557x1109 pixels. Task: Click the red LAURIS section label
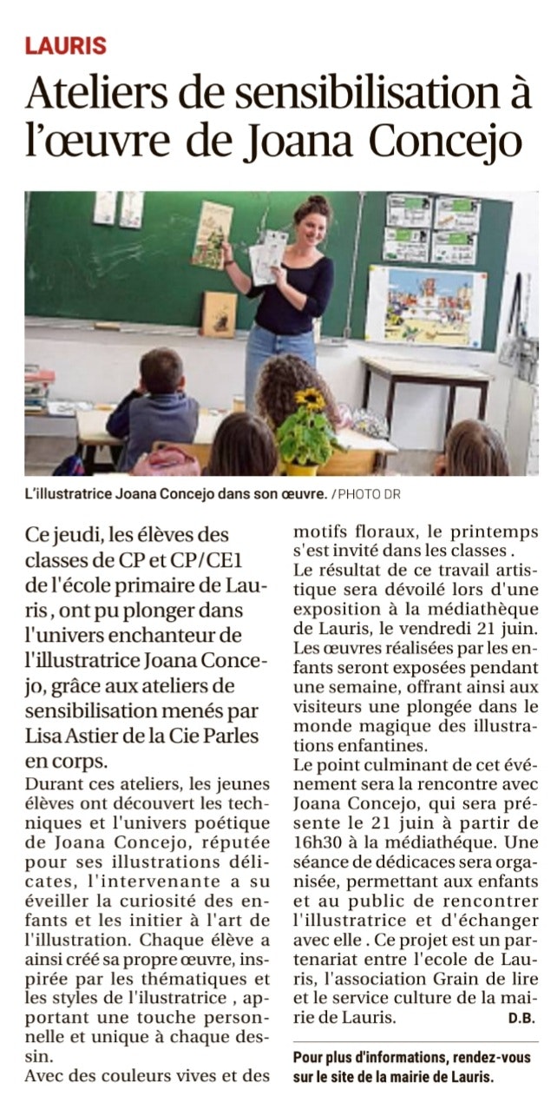[x=65, y=46]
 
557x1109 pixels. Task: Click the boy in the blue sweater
[x=154, y=408]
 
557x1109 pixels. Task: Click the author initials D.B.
[x=521, y=1017]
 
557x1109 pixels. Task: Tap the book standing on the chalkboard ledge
[x=219, y=314]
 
